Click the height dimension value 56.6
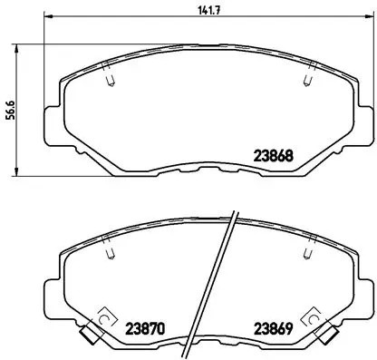pyautogui.click(x=8, y=109)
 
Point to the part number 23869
pyautogui.click(x=272, y=327)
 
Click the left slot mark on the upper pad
pyautogui.click(x=109, y=82)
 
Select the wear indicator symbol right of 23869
pyautogui.click(x=317, y=318)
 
